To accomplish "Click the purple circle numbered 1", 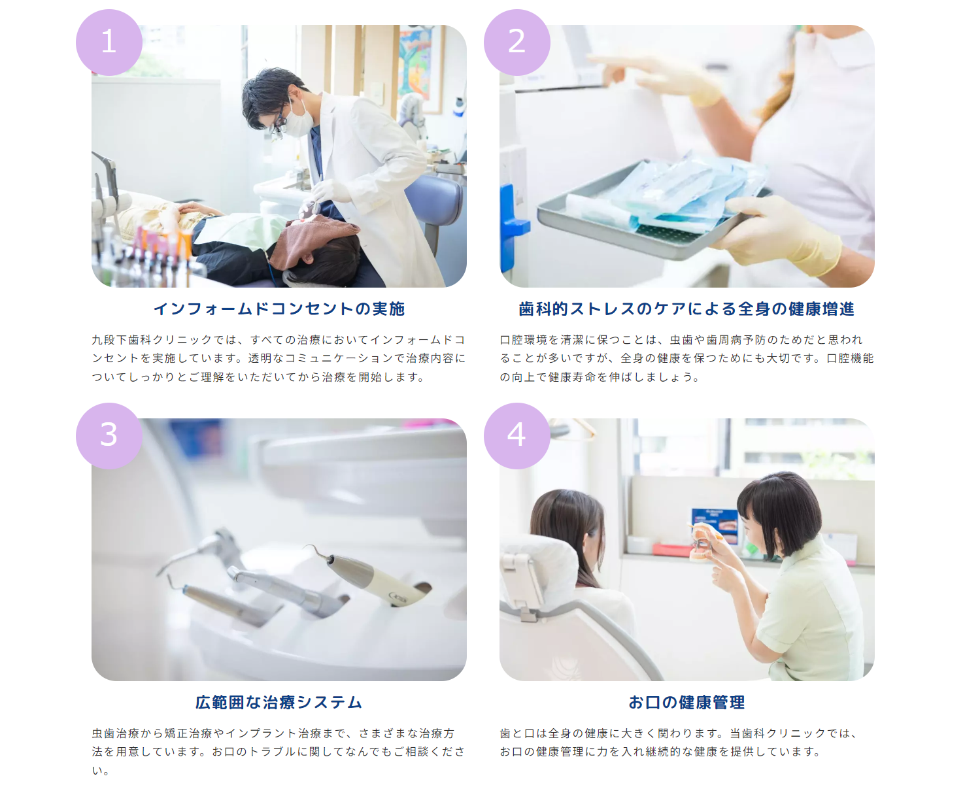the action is tap(109, 42).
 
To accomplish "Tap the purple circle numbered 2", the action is tap(516, 42).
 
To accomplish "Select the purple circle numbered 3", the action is tap(109, 435).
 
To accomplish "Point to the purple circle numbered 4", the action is tap(516, 435).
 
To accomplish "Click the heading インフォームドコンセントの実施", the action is tap(279, 309).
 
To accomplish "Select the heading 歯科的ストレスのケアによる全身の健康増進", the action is tap(686, 309).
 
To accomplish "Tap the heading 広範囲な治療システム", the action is tap(279, 702).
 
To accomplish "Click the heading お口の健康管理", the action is tap(686, 702).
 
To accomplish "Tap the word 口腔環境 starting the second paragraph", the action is tap(524, 339).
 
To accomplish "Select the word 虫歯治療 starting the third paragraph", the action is tap(116, 733).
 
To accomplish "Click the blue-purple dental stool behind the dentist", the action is tap(435, 206).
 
